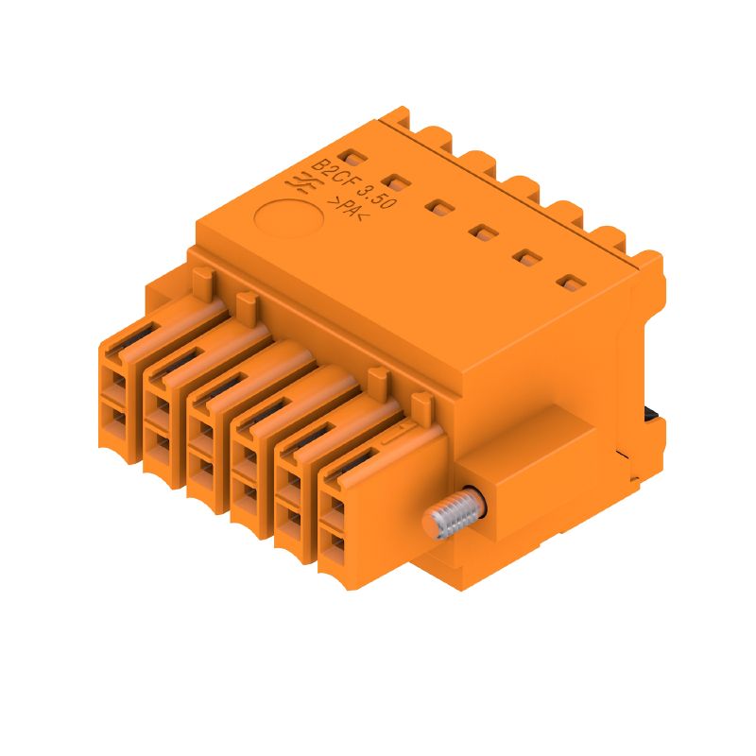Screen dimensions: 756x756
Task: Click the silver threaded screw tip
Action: click(x=448, y=518)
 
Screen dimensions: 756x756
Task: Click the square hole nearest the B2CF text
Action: click(x=351, y=158)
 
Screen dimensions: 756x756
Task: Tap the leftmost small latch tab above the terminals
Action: click(x=202, y=280)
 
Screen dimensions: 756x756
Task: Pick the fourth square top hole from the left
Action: click(x=483, y=231)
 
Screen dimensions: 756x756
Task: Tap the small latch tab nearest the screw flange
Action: click(x=421, y=405)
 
